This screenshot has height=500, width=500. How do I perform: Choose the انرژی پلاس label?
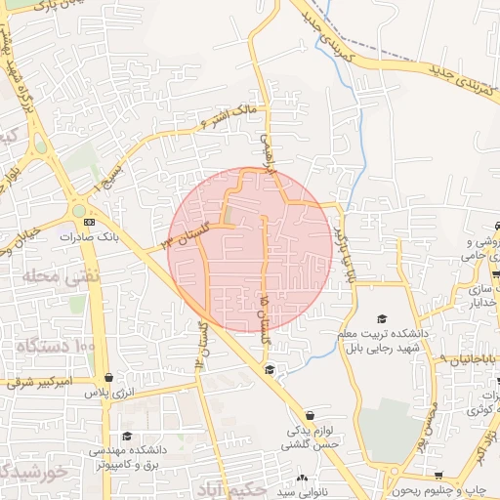(106, 393)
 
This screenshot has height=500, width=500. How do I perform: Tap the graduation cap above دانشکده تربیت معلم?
(382, 319)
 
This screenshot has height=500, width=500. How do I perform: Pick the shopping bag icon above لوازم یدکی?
(310, 415)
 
